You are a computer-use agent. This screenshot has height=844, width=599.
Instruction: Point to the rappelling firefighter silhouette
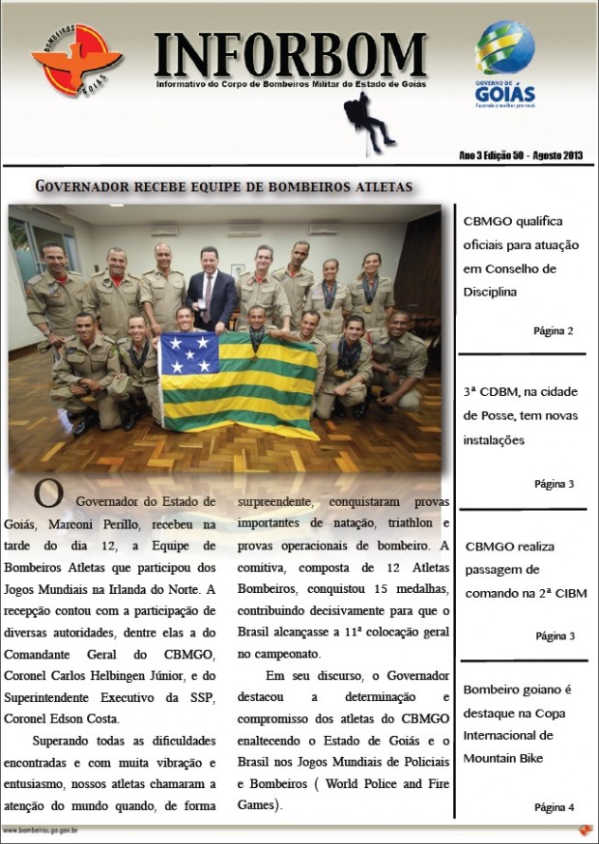tap(371, 120)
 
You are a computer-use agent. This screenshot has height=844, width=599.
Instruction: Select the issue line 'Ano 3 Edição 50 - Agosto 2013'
tap(520, 155)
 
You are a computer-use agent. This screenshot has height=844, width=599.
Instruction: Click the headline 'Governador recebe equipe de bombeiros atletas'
tap(224, 185)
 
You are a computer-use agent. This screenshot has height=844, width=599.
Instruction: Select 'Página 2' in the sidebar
tap(554, 330)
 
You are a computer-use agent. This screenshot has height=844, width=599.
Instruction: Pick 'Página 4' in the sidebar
tap(554, 806)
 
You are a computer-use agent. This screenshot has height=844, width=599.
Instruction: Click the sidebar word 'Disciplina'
tap(496, 291)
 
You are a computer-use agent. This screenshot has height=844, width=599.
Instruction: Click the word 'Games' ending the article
tap(259, 803)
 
